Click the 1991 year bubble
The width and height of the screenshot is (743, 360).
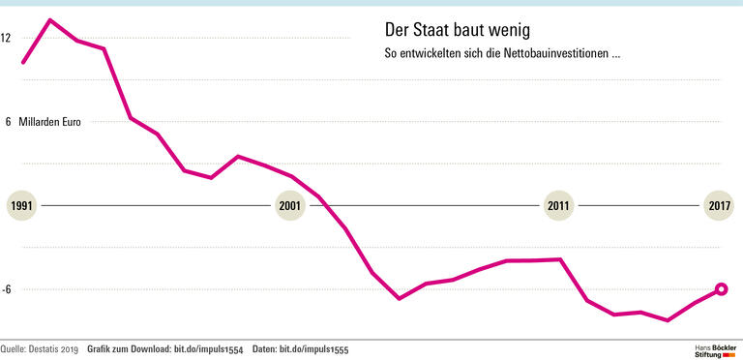pyautogui.click(x=22, y=206)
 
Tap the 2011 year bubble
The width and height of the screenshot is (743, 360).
pyautogui.click(x=558, y=206)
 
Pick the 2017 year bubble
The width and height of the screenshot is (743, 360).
pyautogui.click(x=719, y=206)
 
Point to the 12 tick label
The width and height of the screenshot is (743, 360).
pyautogui.click(x=6, y=38)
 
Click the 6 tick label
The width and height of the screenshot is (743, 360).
pyautogui.click(x=7, y=122)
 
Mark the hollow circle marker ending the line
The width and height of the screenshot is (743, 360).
pyautogui.click(x=721, y=288)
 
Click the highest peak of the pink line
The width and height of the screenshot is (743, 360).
pyautogui.click(x=50, y=19)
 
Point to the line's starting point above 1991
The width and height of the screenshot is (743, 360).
pyautogui.click(x=23, y=63)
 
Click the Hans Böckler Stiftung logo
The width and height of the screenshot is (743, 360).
pyautogui.click(x=715, y=349)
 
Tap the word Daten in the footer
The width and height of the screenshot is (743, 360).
pyautogui.click(x=263, y=348)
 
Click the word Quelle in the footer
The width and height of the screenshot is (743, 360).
pyautogui.click(x=12, y=348)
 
